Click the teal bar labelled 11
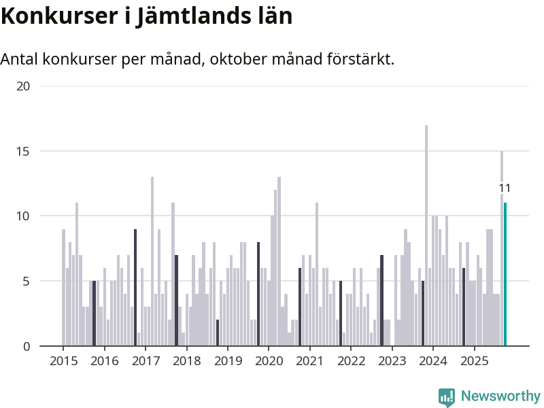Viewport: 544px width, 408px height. coord(505,275)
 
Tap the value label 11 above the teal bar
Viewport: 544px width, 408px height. coord(505,188)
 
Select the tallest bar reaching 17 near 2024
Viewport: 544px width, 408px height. coord(426,235)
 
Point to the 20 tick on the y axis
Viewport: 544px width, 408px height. coord(24,86)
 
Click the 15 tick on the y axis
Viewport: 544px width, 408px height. coord(24,151)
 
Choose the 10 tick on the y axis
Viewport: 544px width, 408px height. coord(24,216)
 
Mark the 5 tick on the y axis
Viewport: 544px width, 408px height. coord(26,281)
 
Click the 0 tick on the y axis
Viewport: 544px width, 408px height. coord(26,346)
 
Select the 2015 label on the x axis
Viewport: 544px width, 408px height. coord(63,360)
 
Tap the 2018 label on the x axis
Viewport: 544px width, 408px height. coord(186,360)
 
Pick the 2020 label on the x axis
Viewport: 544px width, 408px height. coord(269,360)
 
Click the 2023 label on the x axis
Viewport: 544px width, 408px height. coord(392,360)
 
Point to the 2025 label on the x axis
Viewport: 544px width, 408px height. coord(474,360)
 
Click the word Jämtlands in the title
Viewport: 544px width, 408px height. coord(188,16)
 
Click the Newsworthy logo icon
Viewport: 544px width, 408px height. coord(447,397)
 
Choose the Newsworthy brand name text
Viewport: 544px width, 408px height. coord(500,396)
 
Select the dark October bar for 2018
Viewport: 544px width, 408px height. coord(218,333)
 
